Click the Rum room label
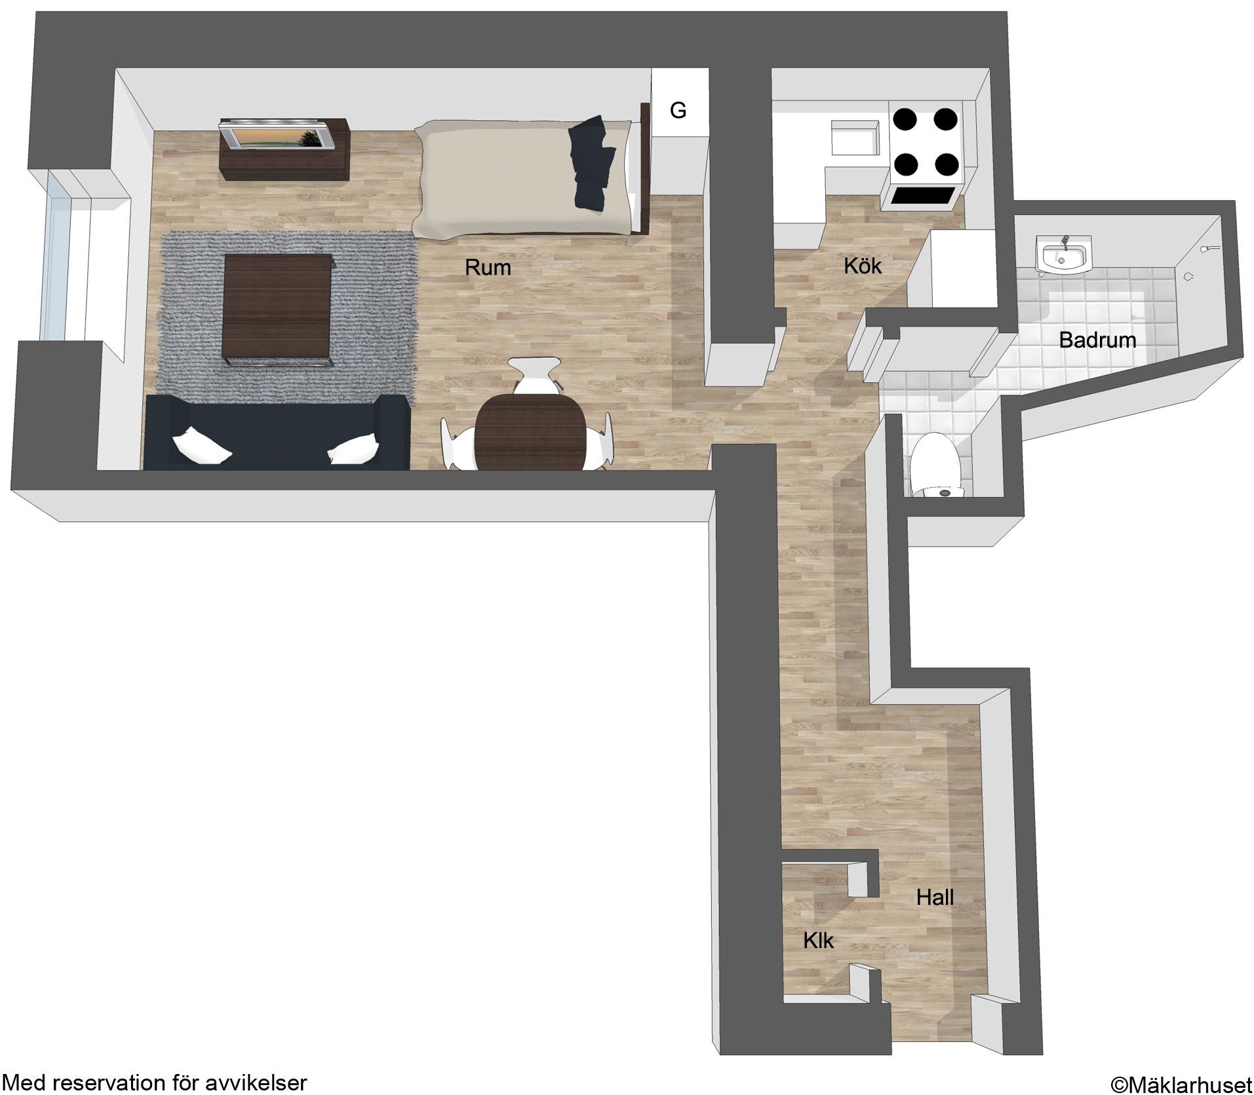(487, 268)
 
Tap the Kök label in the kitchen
(863, 266)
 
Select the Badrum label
(1097, 340)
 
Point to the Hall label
(935, 897)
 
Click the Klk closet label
(818, 941)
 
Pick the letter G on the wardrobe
(678, 111)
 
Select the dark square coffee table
(279, 309)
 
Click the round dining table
(531, 431)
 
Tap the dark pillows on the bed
(592, 163)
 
